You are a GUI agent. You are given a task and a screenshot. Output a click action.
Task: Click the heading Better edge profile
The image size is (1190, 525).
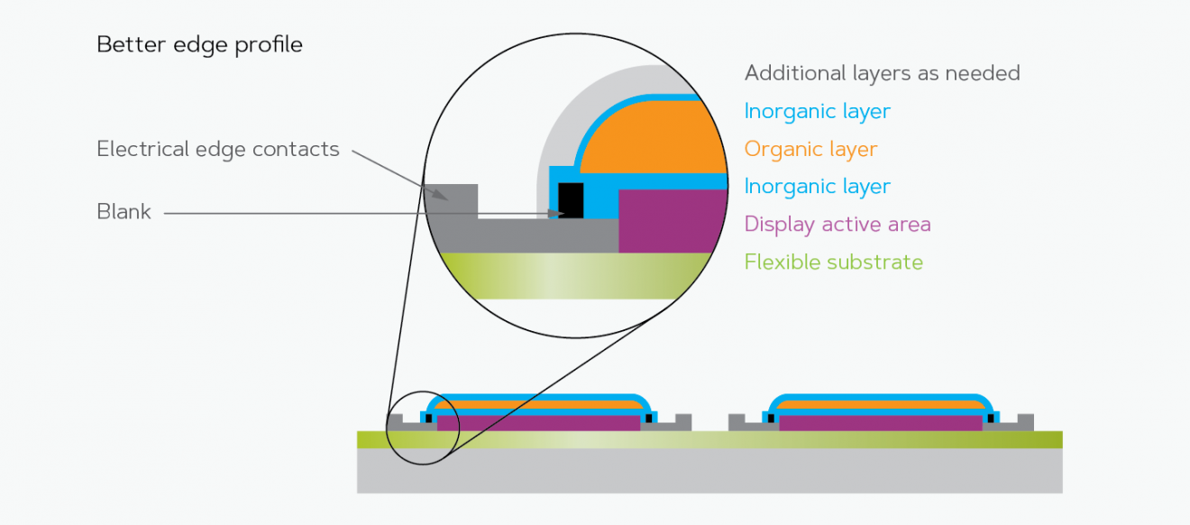pyautogui.click(x=199, y=44)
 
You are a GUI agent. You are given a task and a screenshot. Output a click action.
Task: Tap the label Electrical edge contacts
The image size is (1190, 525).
pyautogui.click(x=217, y=149)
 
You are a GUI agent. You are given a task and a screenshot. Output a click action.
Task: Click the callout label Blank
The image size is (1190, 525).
pyautogui.click(x=124, y=213)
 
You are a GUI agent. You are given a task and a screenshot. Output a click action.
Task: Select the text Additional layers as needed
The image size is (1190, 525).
pyautogui.click(x=882, y=73)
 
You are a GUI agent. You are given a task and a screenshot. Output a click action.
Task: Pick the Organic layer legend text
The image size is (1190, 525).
pyautogui.click(x=810, y=149)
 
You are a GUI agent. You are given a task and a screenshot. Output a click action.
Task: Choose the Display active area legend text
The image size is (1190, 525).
pyautogui.click(x=837, y=224)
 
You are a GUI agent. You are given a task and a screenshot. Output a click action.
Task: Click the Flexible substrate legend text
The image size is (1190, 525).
pyautogui.click(x=833, y=262)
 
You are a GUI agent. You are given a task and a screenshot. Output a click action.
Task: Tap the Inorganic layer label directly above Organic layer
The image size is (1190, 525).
pyautogui.click(x=817, y=111)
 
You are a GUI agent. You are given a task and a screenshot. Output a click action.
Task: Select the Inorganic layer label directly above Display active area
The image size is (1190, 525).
pyautogui.click(x=817, y=187)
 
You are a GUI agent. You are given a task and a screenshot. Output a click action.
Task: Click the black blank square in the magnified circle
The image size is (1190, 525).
pyautogui.click(x=571, y=199)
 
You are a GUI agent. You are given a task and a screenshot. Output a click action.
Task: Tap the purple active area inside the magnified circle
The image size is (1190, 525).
pyautogui.click(x=672, y=221)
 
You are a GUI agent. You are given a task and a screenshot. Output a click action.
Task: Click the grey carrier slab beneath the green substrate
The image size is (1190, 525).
pyautogui.click(x=709, y=471)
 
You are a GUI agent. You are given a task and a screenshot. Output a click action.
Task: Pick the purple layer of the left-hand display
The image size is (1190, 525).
pyautogui.click(x=538, y=422)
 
